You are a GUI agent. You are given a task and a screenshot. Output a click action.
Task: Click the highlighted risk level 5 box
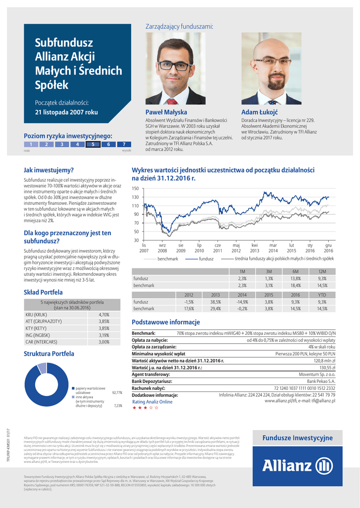coord(93,144)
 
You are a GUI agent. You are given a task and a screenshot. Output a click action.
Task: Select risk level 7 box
coord(124,144)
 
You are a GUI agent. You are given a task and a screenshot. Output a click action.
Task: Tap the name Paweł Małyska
coord(166,112)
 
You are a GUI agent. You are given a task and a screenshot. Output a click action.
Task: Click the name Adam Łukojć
coord(259,112)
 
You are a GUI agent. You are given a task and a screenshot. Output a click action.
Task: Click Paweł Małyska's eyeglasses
coord(174,65)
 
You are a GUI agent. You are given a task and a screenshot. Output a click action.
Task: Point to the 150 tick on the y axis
coord(135,189)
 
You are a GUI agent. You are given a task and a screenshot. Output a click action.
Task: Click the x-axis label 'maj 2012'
coord(236,248)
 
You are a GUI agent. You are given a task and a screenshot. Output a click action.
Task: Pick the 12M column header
coord(322,271)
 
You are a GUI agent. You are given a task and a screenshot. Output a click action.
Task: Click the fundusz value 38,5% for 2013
coord(215,302)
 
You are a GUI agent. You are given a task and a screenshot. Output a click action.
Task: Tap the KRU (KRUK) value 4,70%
coord(104,315)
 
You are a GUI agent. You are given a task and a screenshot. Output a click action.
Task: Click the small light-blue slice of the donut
coord(42,368)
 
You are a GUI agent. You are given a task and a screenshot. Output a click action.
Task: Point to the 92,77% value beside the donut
coord(117,392)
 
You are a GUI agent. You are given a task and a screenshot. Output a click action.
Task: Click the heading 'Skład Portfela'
coord(43,292)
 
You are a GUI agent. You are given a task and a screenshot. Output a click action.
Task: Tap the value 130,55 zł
coord(327,368)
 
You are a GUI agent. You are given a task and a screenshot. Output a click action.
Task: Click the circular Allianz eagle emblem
coord(325,466)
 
